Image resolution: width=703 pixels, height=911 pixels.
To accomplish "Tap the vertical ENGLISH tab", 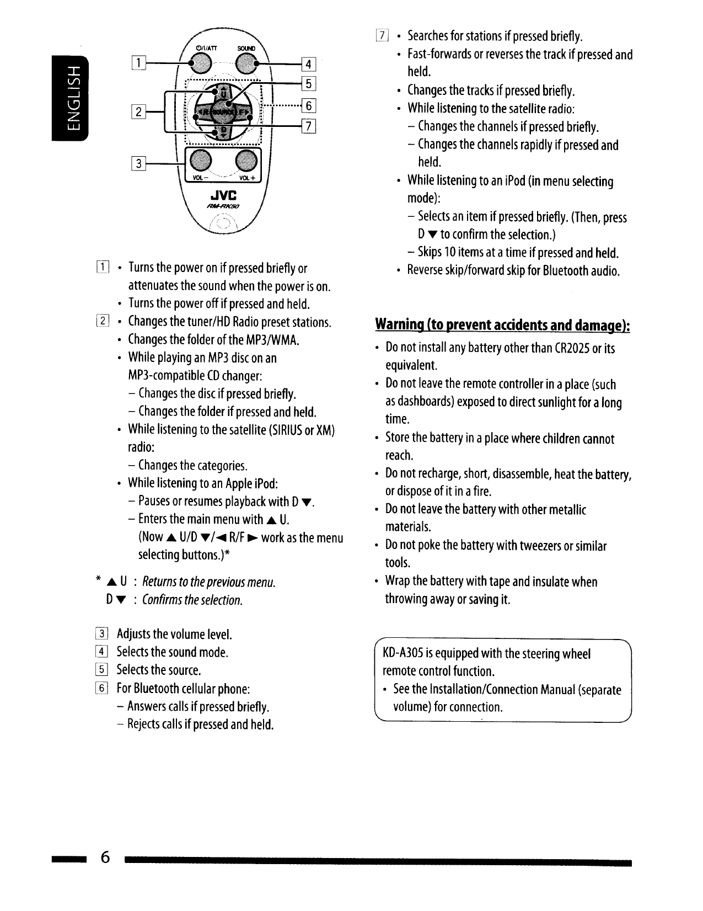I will click(x=70, y=98).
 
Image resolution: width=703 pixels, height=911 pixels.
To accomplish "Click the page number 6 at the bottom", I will click(x=105, y=857).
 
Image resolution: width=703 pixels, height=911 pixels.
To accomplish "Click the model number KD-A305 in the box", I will click(x=403, y=654).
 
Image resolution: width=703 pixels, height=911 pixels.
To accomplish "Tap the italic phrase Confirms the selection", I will click(x=192, y=600).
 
